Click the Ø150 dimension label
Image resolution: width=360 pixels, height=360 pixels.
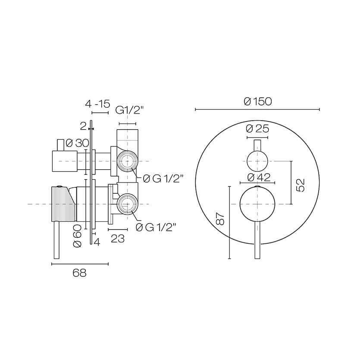(257, 102)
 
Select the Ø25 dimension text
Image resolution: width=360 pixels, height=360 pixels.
(257, 128)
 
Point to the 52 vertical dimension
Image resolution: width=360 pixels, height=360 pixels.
(301, 184)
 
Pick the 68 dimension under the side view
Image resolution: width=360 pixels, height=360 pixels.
(80, 273)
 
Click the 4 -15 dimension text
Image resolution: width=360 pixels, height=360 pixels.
(97, 104)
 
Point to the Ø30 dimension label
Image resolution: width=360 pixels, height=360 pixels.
(78, 143)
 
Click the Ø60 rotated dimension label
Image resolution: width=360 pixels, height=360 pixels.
(78, 236)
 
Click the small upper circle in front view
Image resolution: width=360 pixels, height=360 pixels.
(257, 161)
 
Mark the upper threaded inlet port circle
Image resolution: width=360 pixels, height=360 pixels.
(127, 161)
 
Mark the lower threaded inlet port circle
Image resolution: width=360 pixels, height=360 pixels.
(127, 203)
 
